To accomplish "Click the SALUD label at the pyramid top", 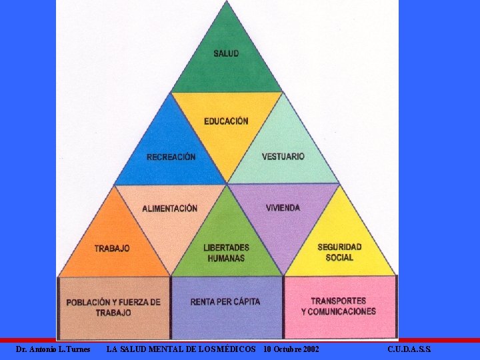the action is [x=226, y=53].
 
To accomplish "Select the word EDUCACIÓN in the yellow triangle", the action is [x=226, y=121].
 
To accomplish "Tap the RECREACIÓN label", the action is [x=171, y=157].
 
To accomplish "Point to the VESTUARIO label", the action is [x=283, y=157].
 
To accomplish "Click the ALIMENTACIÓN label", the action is [x=169, y=209].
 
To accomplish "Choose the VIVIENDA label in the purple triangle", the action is [x=283, y=208].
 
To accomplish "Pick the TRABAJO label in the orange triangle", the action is [x=112, y=248].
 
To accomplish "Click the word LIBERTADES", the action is [x=226, y=247].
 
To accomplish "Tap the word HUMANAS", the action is [x=226, y=259].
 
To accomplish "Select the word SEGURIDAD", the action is [x=339, y=247].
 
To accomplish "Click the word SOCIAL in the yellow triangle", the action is [x=339, y=258].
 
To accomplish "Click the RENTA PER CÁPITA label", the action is [x=225, y=302].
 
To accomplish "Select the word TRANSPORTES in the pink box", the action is [x=339, y=301].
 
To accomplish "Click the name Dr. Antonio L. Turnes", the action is [x=53, y=349].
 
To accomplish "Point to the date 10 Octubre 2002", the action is [x=291, y=349].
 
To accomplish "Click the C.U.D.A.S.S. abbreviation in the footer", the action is [x=409, y=349].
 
